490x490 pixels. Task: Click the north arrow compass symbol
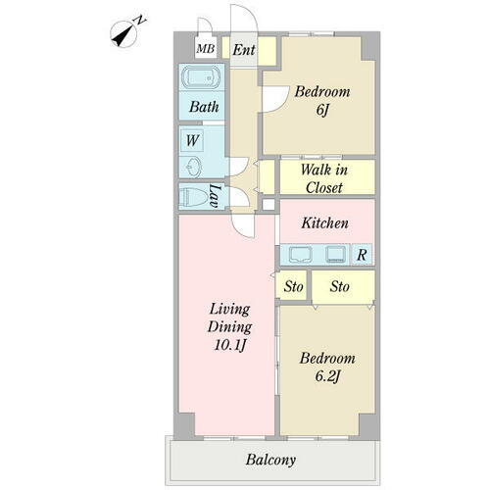[124, 34]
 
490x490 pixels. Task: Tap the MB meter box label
[206, 49]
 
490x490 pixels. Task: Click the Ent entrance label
[244, 50]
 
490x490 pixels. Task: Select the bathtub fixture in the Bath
[201, 77]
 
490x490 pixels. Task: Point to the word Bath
[204, 107]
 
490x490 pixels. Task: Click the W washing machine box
[192, 140]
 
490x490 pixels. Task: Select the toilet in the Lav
[194, 197]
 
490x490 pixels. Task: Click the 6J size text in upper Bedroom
[321, 110]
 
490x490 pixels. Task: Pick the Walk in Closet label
[324, 178]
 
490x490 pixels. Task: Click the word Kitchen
[324, 223]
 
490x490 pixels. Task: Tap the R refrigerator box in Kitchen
[362, 254]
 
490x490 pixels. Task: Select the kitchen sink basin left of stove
[301, 254]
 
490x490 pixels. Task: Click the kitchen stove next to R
[336, 254]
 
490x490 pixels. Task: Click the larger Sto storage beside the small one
[343, 287]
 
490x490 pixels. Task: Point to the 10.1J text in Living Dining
[229, 345]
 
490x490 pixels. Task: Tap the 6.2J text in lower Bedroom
[327, 376]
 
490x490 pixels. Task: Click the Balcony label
[270, 460]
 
